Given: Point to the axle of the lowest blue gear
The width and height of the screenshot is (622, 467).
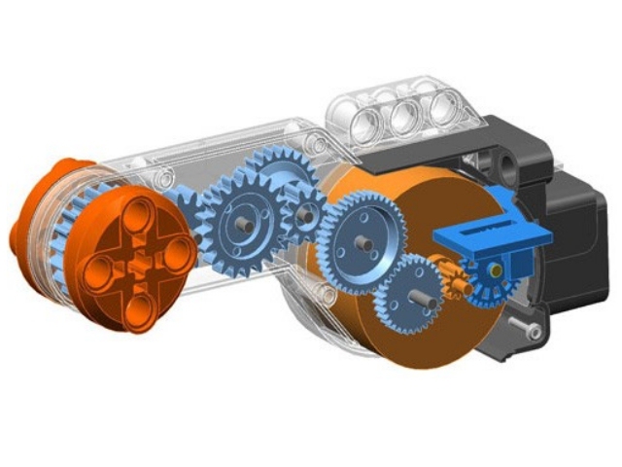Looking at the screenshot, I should click(x=415, y=291).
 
